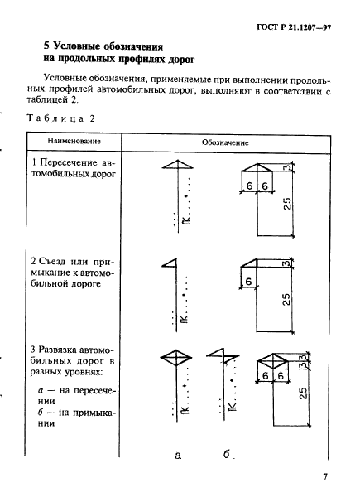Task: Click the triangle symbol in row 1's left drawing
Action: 175,166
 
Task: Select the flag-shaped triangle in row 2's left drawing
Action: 171,263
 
